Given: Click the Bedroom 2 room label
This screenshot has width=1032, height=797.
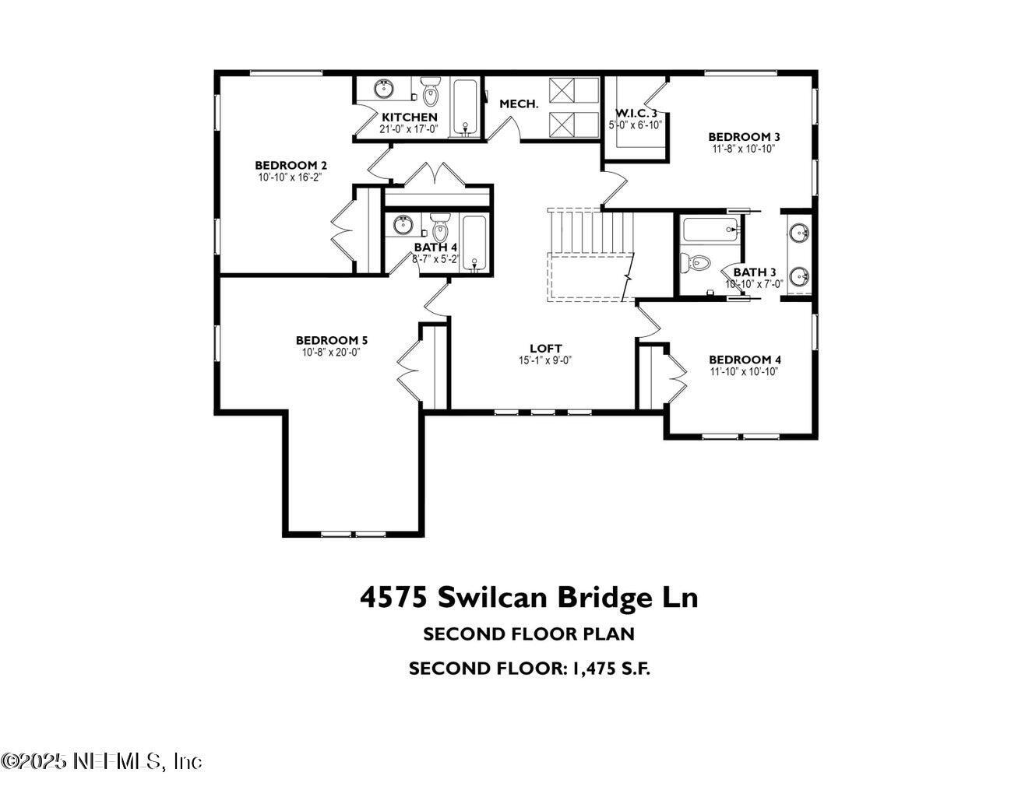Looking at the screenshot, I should point(291,165).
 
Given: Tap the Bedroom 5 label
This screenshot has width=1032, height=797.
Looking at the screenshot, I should point(331,340).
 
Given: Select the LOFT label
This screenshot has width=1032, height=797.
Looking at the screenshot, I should point(545,349).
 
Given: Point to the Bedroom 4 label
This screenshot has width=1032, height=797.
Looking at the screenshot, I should point(745,360).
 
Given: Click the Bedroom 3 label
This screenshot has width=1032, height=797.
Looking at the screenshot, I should point(744,137).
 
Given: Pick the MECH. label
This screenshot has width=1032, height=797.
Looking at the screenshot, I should point(519,104).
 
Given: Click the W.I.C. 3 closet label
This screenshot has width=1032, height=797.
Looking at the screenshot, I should point(636,113).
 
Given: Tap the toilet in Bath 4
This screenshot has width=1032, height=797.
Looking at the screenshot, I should point(441,228).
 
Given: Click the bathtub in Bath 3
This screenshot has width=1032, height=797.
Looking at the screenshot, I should point(710,230).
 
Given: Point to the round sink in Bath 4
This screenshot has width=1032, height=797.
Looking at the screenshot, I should point(402,226).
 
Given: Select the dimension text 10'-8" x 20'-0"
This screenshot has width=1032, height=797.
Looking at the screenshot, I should point(331,352).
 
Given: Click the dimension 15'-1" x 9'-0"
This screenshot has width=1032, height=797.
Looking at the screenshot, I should point(545,360).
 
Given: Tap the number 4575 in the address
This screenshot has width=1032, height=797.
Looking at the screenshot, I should point(393,598).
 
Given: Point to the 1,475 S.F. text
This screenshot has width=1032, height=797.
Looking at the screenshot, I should point(616,669).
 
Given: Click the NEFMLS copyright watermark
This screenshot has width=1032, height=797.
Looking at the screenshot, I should point(101,760).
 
